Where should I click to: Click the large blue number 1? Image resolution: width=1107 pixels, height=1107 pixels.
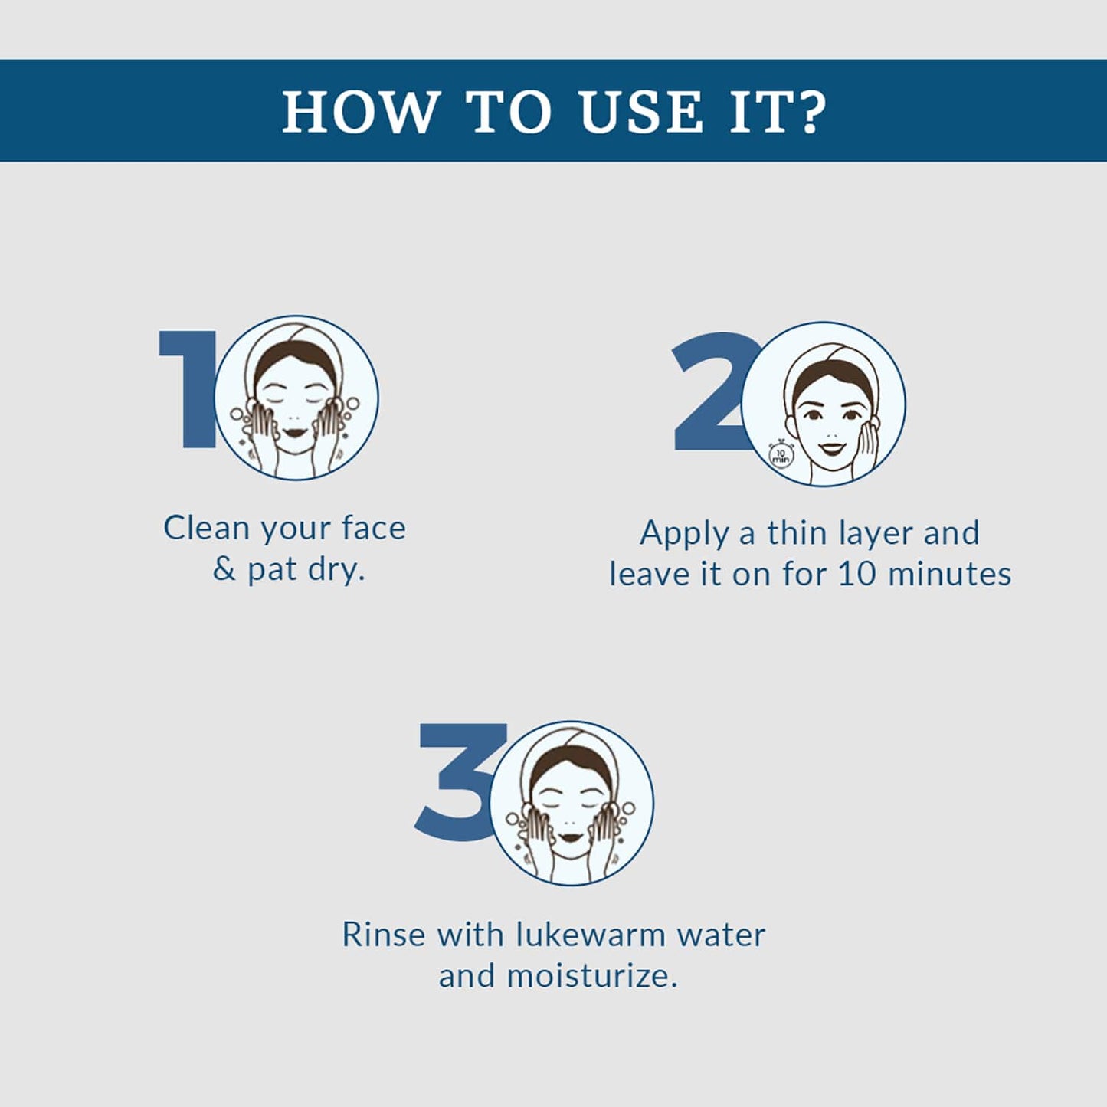[x=189, y=389]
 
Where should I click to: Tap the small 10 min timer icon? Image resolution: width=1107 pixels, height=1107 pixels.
[x=780, y=454]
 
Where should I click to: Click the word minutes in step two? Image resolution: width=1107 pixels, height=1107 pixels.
[x=949, y=574]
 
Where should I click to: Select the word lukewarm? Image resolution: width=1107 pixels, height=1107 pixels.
[x=591, y=934]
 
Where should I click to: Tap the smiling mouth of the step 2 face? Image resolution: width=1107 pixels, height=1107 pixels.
[x=830, y=446]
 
